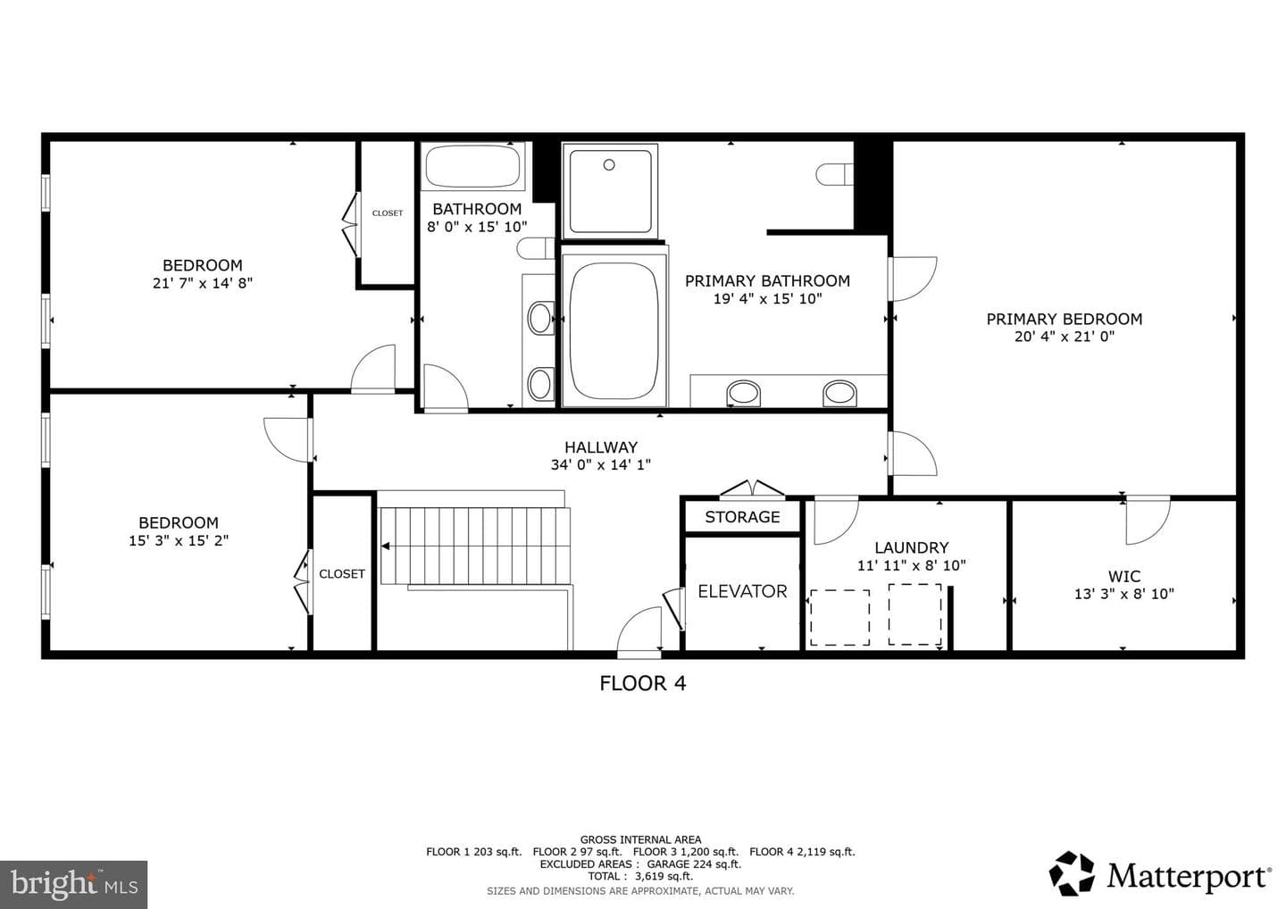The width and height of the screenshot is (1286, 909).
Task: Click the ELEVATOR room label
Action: (x=742, y=592)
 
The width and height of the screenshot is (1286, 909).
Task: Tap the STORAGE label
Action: (x=742, y=517)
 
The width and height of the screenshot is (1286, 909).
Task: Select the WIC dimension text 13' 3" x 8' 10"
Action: (x=1124, y=594)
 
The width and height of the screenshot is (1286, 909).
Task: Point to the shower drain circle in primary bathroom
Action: (x=609, y=164)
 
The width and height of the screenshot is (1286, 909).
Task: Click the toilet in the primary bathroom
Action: (x=835, y=174)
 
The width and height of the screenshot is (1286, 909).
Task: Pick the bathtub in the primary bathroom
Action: (x=614, y=331)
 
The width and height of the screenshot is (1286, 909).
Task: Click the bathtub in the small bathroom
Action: (x=472, y=166)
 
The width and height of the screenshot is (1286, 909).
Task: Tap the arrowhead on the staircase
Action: (x=386, y=546)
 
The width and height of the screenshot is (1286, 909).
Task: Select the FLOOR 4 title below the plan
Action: (x=642, y=683)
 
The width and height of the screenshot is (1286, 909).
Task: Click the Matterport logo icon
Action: (x=1072, y=873)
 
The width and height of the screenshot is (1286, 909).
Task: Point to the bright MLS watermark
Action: (x=73, y=884)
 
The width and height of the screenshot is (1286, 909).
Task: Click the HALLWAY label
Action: (x=601, y=447)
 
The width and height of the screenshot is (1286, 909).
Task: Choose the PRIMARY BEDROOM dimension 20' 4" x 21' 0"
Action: (x=1065, y=337)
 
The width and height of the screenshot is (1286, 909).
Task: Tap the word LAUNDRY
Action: (x=912, y=547)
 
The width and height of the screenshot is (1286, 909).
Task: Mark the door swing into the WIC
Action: (x=1147, y=521)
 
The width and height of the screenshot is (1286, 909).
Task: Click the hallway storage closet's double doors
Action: (x=752, y=488)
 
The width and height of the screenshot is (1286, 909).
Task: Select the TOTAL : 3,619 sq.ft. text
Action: (x=640, y=876)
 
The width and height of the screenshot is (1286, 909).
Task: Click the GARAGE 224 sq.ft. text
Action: (x=694, y=863)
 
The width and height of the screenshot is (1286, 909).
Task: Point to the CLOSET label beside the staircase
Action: (x=342, y=574)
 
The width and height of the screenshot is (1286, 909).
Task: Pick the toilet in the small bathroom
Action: (x=536, y=248)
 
